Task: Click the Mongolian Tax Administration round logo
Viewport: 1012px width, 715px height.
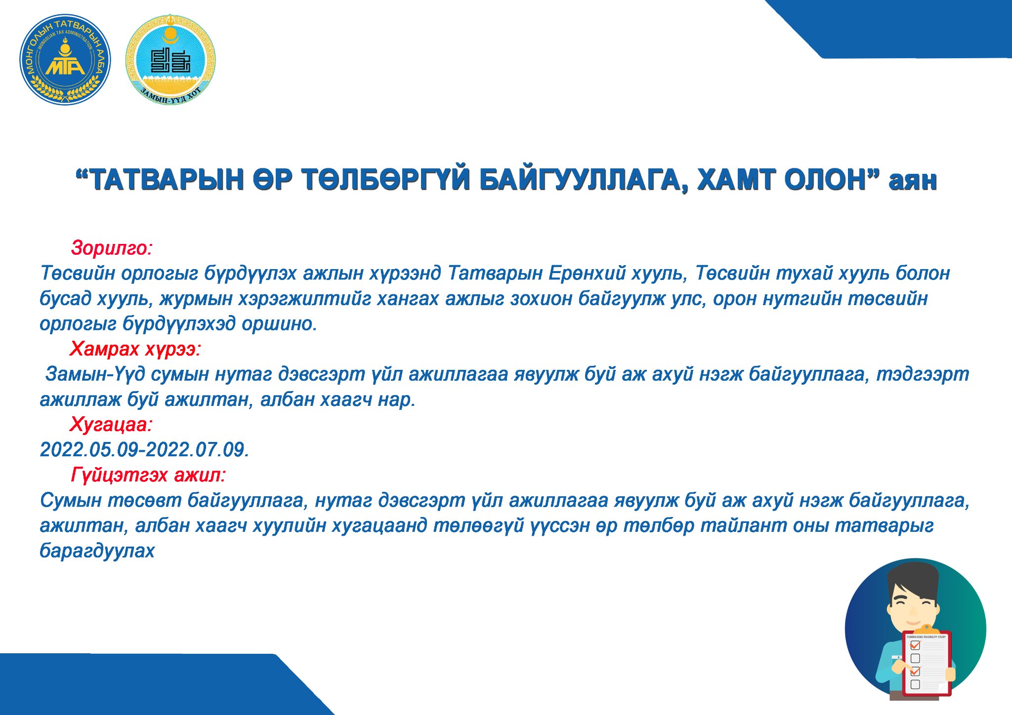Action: tap(65, 60)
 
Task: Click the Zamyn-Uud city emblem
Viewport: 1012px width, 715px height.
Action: tap(170, 59)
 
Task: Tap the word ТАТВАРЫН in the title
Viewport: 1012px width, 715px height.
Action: tap(168, 180)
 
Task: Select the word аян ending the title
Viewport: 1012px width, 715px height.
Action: tap(912, 181)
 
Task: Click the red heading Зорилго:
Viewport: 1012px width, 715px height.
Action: tap(112, 248)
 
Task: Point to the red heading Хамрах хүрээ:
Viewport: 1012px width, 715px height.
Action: tap(135, 349)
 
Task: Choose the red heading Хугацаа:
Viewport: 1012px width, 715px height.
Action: tap(112, 424)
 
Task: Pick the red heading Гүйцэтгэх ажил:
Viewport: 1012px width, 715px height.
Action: tap(148, 475)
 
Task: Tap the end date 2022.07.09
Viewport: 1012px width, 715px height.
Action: tap(195, 450)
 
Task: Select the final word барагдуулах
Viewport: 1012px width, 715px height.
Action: tap(97, 551)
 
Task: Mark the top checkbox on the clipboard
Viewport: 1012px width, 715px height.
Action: tap(915, 645)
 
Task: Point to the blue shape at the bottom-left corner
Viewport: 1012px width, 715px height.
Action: tap(163, 684)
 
